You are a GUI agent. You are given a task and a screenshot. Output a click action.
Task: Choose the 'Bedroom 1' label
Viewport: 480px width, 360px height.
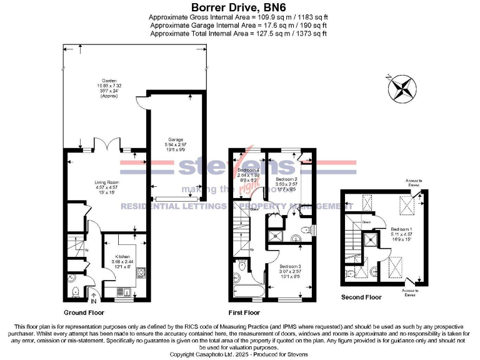click(x=400, y=229)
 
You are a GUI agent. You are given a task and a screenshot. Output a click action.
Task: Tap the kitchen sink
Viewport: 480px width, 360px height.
click(x=126, y=291)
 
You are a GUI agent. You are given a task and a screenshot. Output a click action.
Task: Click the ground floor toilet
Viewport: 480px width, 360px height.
click(x=75, y=291)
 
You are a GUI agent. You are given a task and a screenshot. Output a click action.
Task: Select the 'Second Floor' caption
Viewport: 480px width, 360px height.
click(x=361, y=297)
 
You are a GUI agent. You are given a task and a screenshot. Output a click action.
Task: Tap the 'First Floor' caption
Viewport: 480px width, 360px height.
click(x=244, y=311)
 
